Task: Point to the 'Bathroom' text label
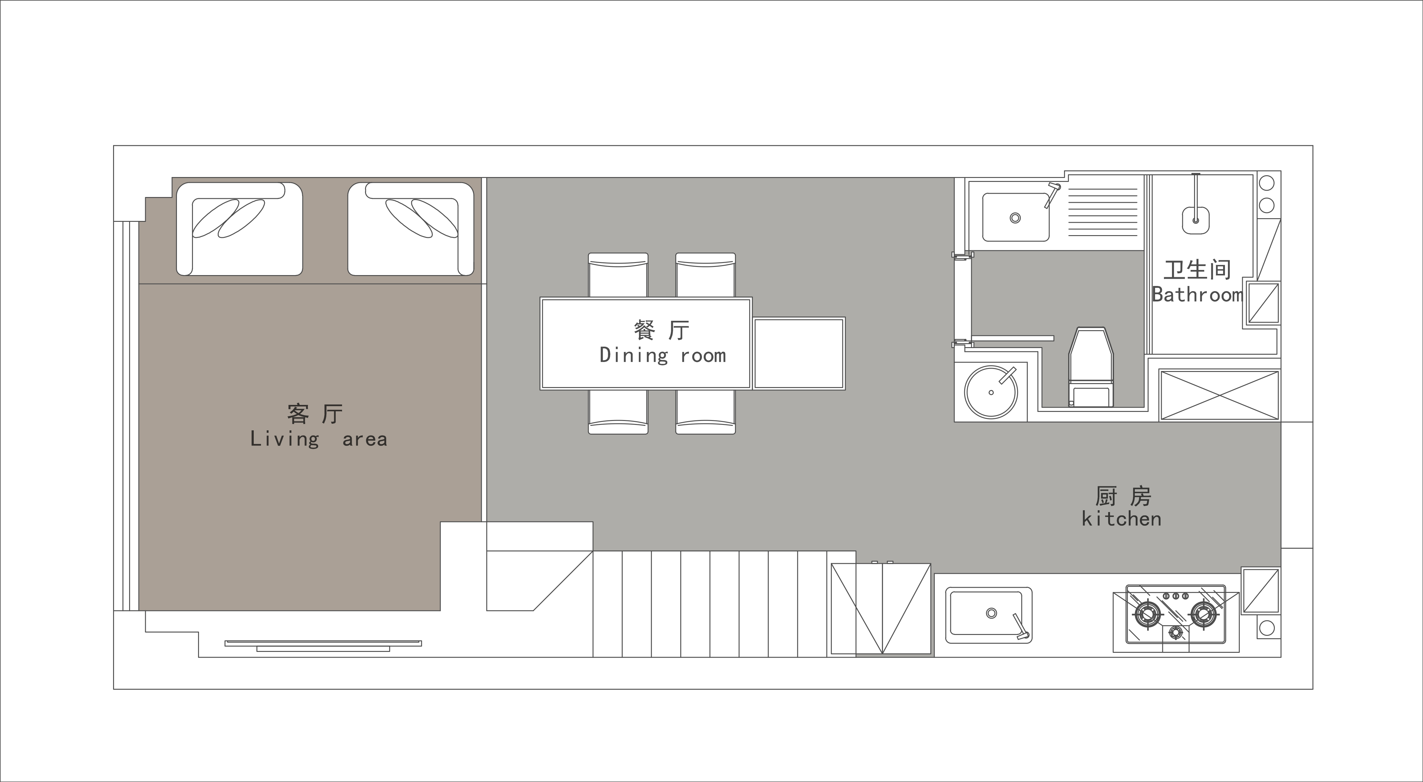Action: [x=1197, y=294]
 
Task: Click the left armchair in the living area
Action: [x=239, y=229]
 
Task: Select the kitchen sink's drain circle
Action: [x=992, y=613]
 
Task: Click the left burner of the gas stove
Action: [x=1147, y=614]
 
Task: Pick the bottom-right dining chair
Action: [x=705, y=412]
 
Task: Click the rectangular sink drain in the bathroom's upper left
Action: [x=1015, y=218]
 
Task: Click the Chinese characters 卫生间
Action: [x=1197, y=270]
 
